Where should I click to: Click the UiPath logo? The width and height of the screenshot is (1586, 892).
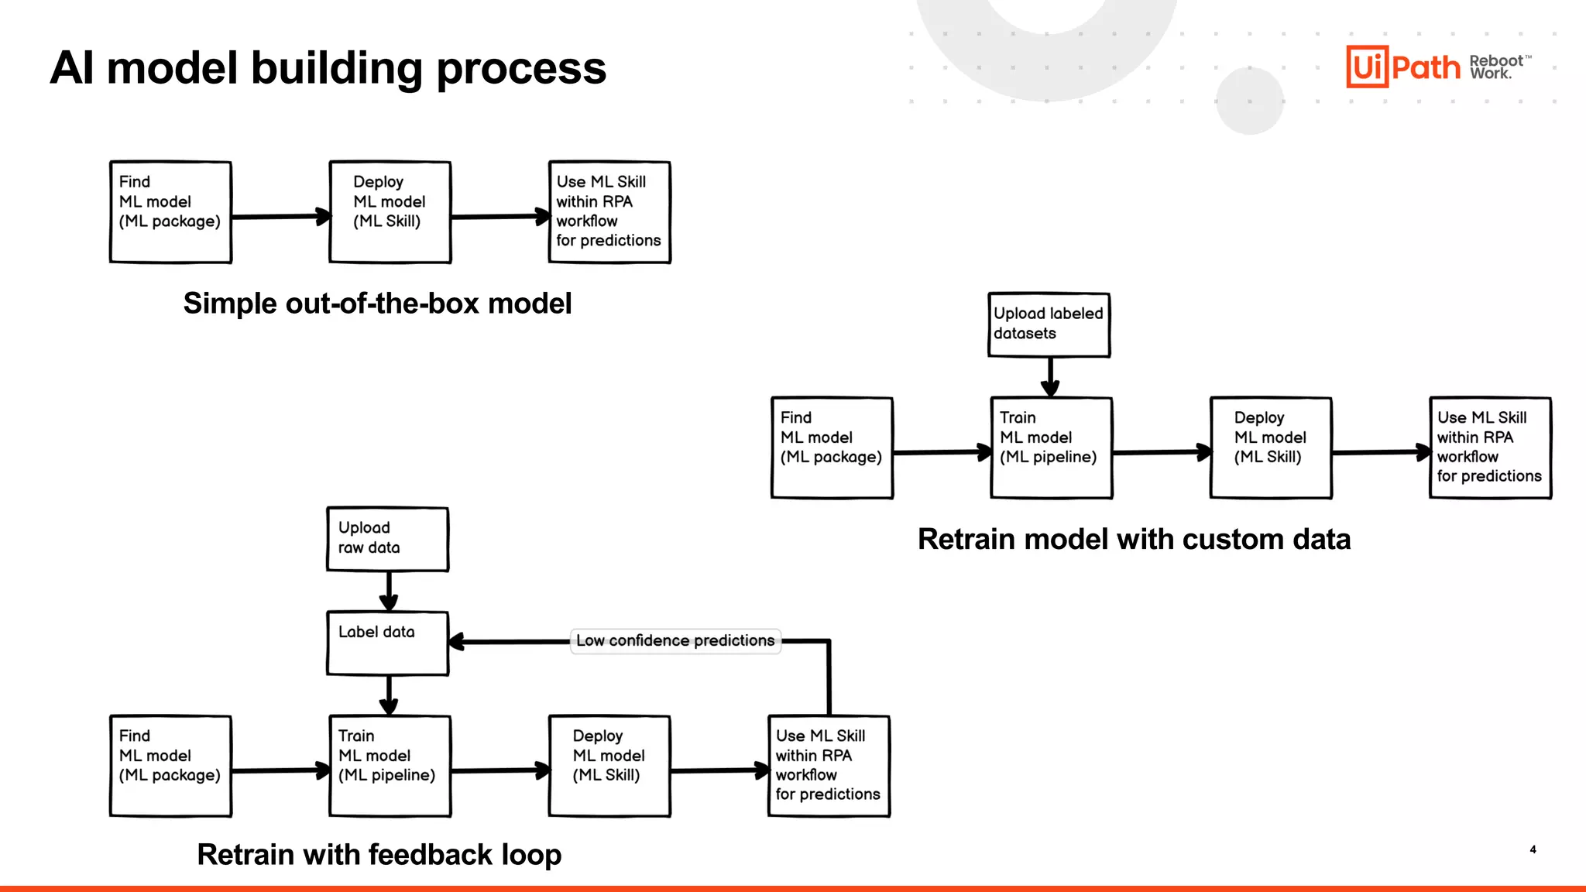coord(1402,67)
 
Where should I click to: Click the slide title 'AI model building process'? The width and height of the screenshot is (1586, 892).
coord(328,68)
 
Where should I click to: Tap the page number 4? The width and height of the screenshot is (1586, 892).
coord(1533,849)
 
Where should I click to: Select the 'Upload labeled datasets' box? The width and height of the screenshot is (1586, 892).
coord(1049,324)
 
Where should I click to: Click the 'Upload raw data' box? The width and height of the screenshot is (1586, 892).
coord(387,539)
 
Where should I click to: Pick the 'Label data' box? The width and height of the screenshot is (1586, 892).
coord(387,643)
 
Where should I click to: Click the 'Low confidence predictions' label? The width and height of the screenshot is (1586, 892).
coord(675,641)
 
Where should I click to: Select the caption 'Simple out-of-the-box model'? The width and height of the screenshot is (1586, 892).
coord(377,304)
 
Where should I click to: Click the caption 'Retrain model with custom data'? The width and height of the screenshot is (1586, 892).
coord(1134,539)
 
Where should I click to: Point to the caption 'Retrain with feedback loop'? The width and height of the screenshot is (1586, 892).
coord(379,855)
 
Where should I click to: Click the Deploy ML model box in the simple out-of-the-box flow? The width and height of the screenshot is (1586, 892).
coord(390,212)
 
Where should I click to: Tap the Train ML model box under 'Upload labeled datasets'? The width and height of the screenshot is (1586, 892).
coord(1051,448)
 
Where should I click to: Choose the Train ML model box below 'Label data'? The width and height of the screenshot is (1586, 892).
coord(390,766)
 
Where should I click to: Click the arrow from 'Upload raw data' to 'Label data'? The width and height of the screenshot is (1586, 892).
coord(389,592)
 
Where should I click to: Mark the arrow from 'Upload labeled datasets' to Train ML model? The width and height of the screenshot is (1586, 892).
coord(1050,377)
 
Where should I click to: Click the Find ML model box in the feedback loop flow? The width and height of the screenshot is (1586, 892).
coord(170,766)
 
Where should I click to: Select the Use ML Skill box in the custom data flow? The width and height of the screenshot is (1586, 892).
coord(1489,448)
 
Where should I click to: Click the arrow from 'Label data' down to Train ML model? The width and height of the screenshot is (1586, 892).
coord(389,695)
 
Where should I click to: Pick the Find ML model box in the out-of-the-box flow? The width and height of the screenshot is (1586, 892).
coord(170,212)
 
